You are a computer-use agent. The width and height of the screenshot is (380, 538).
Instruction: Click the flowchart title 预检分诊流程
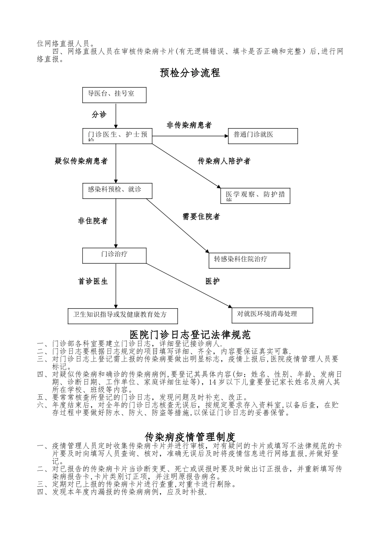coord(190,73)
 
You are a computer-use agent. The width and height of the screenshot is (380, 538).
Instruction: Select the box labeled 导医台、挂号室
coord(114,95)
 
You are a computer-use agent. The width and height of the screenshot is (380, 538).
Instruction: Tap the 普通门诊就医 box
coord(263,136)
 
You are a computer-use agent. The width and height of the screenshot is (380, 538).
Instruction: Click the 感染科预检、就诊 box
coord(117,191)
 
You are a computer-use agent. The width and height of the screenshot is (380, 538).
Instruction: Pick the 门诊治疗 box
coord(114,255)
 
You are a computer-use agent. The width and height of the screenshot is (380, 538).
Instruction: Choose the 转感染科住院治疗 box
coord(249,260)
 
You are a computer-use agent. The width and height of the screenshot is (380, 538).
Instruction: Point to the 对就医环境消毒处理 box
coord(272,315)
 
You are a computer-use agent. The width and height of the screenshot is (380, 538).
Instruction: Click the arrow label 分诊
coord(99,114)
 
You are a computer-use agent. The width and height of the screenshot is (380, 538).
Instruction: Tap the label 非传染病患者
coord(189,125)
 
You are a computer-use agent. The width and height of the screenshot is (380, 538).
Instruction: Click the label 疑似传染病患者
coord(81,161)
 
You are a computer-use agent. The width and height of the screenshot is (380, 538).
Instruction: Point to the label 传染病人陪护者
coord(224,161)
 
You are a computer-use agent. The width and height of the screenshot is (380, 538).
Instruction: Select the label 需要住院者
coord(201,217)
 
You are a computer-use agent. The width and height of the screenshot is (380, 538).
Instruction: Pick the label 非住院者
coord(93,221)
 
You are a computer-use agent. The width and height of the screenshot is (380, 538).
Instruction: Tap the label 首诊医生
coord(93,281)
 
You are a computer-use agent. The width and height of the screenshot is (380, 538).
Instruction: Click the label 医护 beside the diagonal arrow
coord(212,281)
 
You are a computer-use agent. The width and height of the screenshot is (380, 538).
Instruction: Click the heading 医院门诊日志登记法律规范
coord(190,334)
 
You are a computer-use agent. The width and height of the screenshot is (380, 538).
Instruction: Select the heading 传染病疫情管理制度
coord(190,436)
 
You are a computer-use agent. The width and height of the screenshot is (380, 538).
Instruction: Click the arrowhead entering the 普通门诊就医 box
coord(226,136)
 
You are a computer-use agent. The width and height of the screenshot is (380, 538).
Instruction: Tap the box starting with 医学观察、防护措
coord(255,196)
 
